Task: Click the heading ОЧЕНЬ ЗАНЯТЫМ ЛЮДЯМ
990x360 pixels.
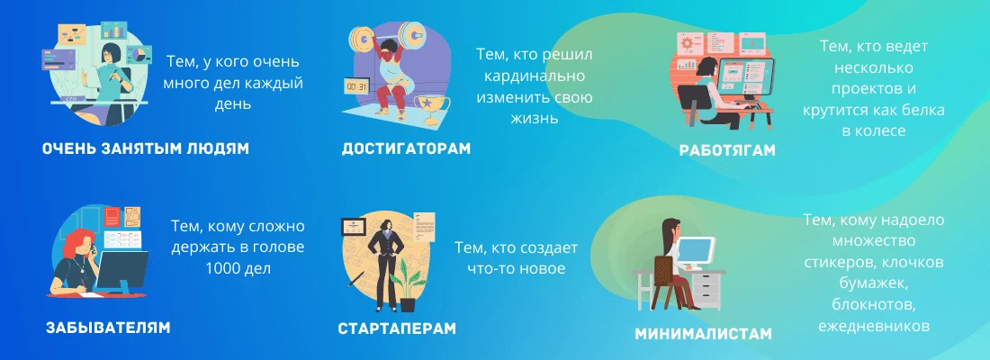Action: tap(145, 148)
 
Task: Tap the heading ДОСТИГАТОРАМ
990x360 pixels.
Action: tap(406, 148)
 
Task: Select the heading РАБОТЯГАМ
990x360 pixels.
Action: tap(727, 150)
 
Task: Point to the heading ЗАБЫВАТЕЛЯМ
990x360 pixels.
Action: tap(108, 327)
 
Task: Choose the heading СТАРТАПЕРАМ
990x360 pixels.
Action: tap(397, 328)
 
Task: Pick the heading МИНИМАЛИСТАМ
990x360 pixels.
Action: tap(703, 333)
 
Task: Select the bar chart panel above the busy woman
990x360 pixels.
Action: tap(113, 33)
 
